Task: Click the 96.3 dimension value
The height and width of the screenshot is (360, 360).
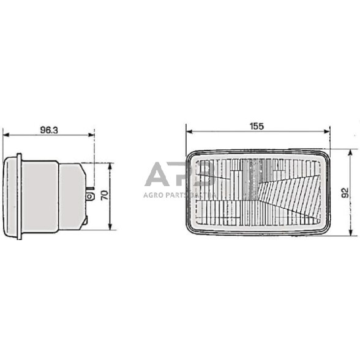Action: (x=48, y=130)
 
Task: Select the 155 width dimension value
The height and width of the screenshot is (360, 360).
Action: (x=257, y=126)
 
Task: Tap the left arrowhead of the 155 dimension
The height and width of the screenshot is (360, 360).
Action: (x=189, y=132)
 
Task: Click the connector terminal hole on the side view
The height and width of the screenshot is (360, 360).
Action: (x=91, y=197)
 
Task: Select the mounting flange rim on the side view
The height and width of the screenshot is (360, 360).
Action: (x=20, y=196)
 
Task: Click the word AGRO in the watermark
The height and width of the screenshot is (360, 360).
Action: (x=156, y=194)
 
